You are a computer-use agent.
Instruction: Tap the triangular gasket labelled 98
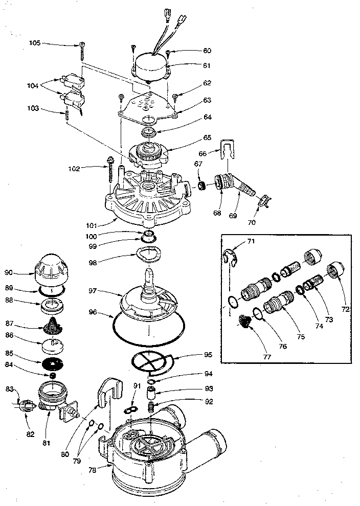(x=148, y=254)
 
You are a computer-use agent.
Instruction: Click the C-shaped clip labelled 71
(x=230, y=256)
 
